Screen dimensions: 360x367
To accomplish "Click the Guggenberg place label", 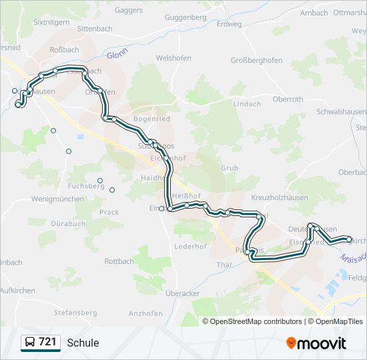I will point(186,17).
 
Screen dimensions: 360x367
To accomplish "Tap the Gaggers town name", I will point(129,10).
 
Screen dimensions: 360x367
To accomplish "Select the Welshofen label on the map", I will point(174,58).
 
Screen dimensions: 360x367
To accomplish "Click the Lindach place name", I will point(247,104).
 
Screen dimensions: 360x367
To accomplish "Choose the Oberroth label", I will point(288,99).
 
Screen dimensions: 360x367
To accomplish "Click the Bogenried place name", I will point(152,119).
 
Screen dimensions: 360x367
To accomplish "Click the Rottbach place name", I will point(119,261).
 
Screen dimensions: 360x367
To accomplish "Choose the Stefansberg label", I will point(76,312).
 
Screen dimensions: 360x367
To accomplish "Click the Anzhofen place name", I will point(145,313).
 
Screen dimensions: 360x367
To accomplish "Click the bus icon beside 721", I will point(30,343).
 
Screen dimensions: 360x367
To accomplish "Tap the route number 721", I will point(48,343).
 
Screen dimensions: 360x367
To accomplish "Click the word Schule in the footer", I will point(83,343).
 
